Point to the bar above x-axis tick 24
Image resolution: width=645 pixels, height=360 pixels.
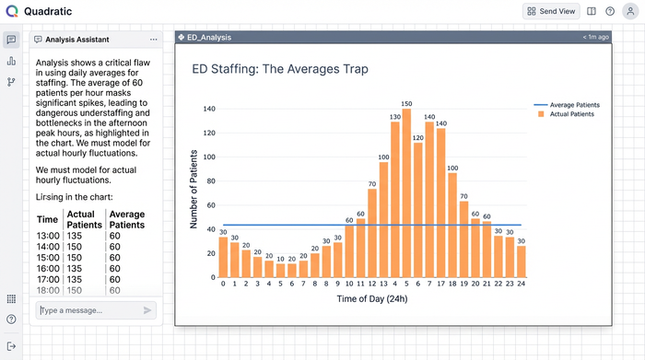point(522,261)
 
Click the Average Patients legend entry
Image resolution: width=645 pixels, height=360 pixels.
point(569,105)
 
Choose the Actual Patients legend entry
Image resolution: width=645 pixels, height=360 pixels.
point(566,114)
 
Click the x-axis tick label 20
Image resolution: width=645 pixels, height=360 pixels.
point(475,285)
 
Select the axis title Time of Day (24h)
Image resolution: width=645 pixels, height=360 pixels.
point(372,299)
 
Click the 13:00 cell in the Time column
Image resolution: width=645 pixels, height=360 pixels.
point(47,235)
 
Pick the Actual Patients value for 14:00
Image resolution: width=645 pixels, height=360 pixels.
point(77,247)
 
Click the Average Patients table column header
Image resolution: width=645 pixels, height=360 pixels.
point(127,219)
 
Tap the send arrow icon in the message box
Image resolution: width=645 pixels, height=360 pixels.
point(147,310)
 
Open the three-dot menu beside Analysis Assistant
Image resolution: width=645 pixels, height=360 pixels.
point(153,40)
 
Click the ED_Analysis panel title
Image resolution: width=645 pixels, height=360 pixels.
point(209,38)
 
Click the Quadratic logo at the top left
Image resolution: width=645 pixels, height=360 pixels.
point(11,11)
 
